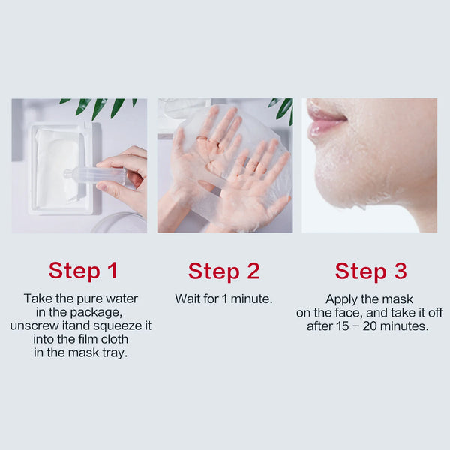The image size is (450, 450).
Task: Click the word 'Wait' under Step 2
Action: pos(188,298)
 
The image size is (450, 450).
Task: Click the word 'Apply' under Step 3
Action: pos(342,298)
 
